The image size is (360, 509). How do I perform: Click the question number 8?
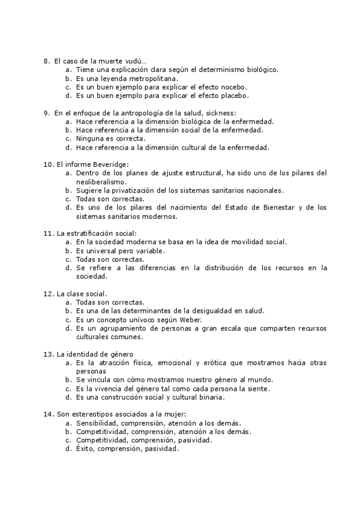46,61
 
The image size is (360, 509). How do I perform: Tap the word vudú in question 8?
136,61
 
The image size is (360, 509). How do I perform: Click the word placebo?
233,95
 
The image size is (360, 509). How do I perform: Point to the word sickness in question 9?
221,112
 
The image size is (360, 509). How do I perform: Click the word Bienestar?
267,207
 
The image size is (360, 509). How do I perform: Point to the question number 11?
48,233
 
